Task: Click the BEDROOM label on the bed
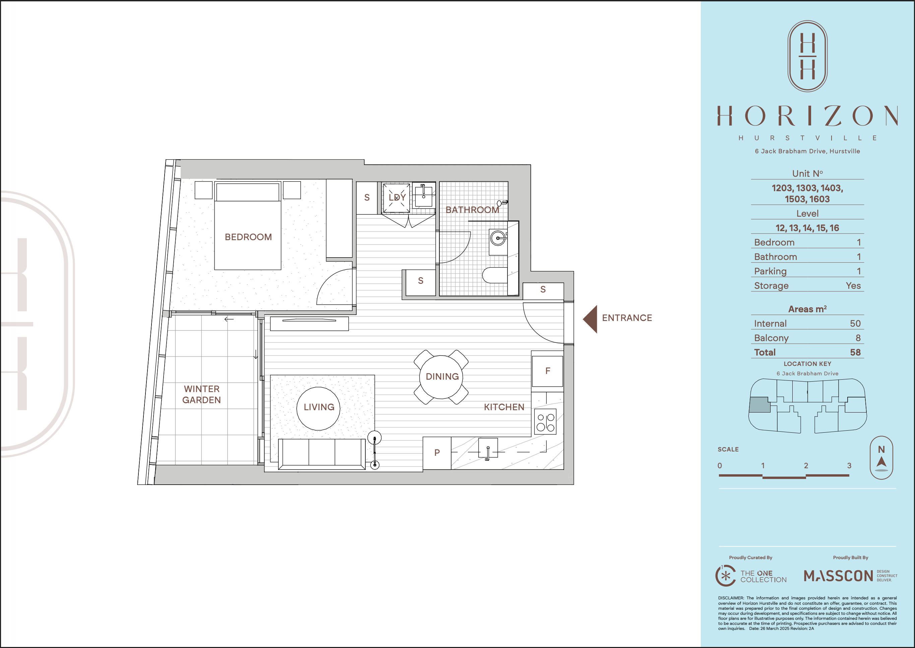coord(248,237)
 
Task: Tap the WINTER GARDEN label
coord(202,394)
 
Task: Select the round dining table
coord(441,377)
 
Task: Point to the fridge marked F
coord(547,371)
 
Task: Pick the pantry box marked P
coord(437,453)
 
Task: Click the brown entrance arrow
coord(590,319)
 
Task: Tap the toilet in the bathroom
coord(495,275)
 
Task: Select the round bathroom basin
coord(498,238)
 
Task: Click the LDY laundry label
coord(397,198)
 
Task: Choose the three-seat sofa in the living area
coord(321,454)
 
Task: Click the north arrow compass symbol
coord(881,458)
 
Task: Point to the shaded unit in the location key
coord(760,404)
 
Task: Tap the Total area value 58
coord(855,352)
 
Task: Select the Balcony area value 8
coord(858,338)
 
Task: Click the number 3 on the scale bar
coord(849,466)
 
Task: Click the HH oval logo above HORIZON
coord(807,56)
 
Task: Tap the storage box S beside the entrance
coord(543,290)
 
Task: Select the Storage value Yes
coord(853,286)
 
